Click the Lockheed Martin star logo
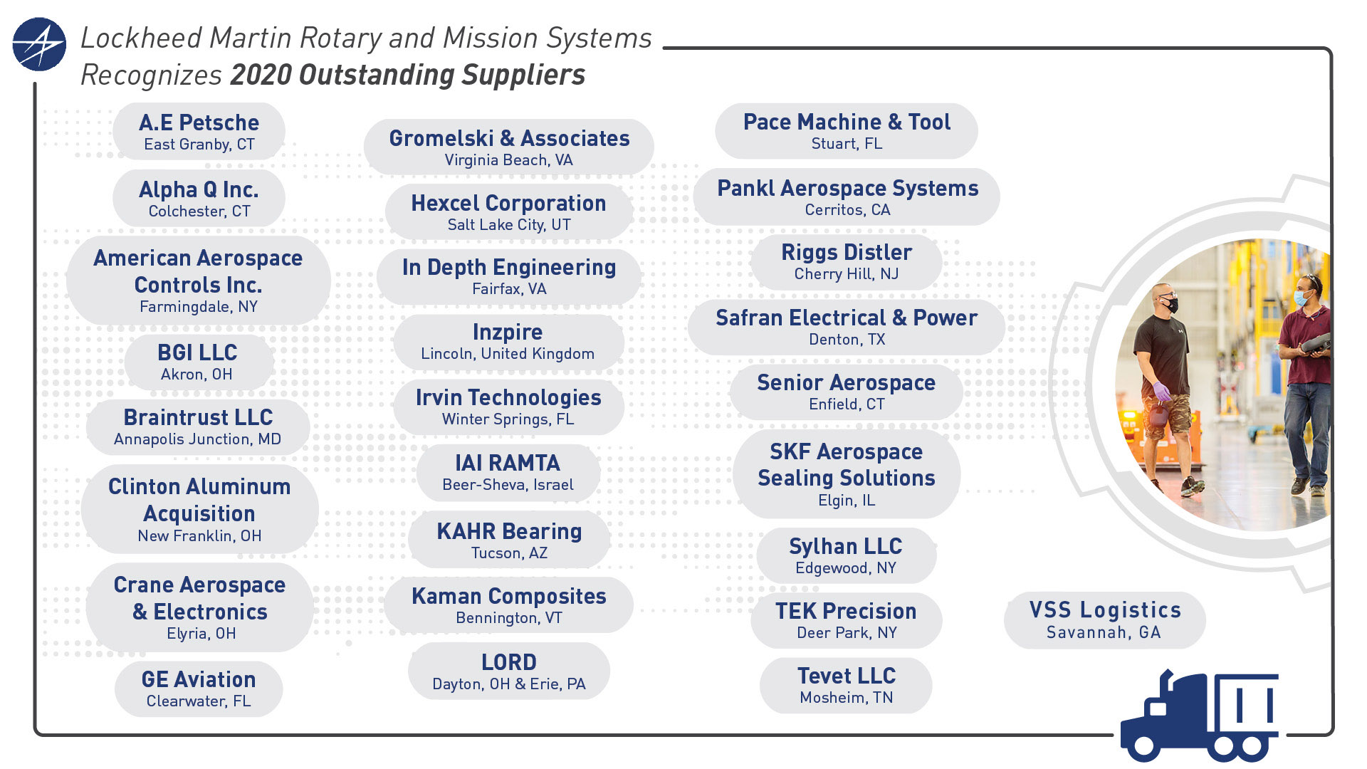tap(39, 44)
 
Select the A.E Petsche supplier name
tap(199, 122)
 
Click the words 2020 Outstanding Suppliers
tap(407, 75)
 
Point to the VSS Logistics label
tap(1105, 610)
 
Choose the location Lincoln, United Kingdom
tap(508, 354)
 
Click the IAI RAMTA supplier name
tap(508, 463)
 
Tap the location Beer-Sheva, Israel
tap(508, 485)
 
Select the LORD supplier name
tap(508, 662)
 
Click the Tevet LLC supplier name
tap(847, 676)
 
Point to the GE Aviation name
tap(199, 679)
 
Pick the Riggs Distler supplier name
tap(847, 252)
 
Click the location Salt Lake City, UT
tap(509, 225)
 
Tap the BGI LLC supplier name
tap(197, 352)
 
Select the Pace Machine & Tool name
tap(847, 122)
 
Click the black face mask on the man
tap(1170, 305)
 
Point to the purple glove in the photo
tap(1162, 391)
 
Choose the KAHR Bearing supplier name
tap(509, 531)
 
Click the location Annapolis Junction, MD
tap(197, 439)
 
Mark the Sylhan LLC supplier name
tap(846, 546)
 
